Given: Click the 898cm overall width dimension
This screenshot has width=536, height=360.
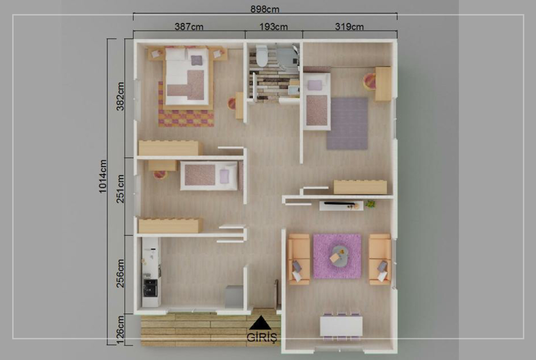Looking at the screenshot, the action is [265, 9].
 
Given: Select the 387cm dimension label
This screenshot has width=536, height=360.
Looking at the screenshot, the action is [189, 26].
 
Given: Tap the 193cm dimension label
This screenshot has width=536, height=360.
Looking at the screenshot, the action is [273, 26].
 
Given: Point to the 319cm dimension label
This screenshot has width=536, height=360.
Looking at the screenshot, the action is [349, 26].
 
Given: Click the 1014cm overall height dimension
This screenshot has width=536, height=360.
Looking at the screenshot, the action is [103, 176].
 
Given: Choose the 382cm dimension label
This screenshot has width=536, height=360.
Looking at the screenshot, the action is [120, 97].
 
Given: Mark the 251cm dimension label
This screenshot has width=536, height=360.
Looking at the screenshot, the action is [120, 189].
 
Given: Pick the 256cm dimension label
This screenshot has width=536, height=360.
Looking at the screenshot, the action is [120, 273].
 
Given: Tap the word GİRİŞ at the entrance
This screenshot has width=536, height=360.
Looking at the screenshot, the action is [262, 337].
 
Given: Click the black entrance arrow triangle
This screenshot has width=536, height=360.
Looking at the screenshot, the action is [260, 323].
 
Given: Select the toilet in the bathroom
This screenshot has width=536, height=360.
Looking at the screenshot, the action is [262, 56].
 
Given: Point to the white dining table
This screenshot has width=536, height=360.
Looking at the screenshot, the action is [341, 326].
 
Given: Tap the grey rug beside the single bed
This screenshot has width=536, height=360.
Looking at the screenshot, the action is [347, 123].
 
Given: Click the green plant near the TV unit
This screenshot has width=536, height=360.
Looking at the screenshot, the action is [370, 204].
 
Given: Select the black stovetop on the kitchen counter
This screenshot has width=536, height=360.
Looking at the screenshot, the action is [151, 287].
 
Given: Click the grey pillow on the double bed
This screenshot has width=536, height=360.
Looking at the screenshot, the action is [196, 60].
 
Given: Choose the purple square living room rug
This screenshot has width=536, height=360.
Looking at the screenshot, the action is [337, 256].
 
